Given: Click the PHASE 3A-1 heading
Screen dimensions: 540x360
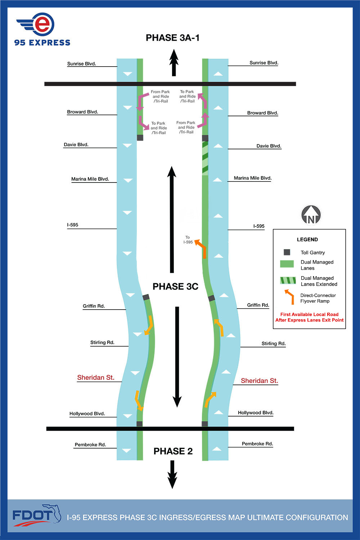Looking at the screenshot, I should tap(172, 38).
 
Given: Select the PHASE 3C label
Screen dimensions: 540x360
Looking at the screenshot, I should tap(175, 287).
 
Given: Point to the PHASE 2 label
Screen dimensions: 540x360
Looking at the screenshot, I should tap(173, 451).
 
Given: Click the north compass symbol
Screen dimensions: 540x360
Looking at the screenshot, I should tap(311, 215).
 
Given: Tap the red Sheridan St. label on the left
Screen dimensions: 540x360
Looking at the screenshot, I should tap(95, 377).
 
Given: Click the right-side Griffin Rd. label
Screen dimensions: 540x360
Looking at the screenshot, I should tap(258, 305).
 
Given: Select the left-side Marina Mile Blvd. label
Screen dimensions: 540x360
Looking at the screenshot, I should tap(90, 179).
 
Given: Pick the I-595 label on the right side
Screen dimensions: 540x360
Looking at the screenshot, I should tap(258, 226).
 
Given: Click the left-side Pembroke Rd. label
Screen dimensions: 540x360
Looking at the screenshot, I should tap(90, 445).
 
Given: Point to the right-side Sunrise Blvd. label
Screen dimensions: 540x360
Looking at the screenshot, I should tap(264, 63).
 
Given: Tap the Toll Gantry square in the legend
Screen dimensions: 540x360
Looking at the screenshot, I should tap(287, 252).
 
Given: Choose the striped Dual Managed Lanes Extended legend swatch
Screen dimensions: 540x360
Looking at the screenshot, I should tap(288, 280).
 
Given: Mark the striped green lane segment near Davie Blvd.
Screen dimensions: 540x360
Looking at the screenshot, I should tap(205, 158).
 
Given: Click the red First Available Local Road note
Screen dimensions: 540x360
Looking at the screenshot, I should tap(309, 317).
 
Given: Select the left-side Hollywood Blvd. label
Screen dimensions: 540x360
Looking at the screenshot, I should tap(87, 414).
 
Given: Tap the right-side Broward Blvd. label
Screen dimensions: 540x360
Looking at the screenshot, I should tap(262, 113).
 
